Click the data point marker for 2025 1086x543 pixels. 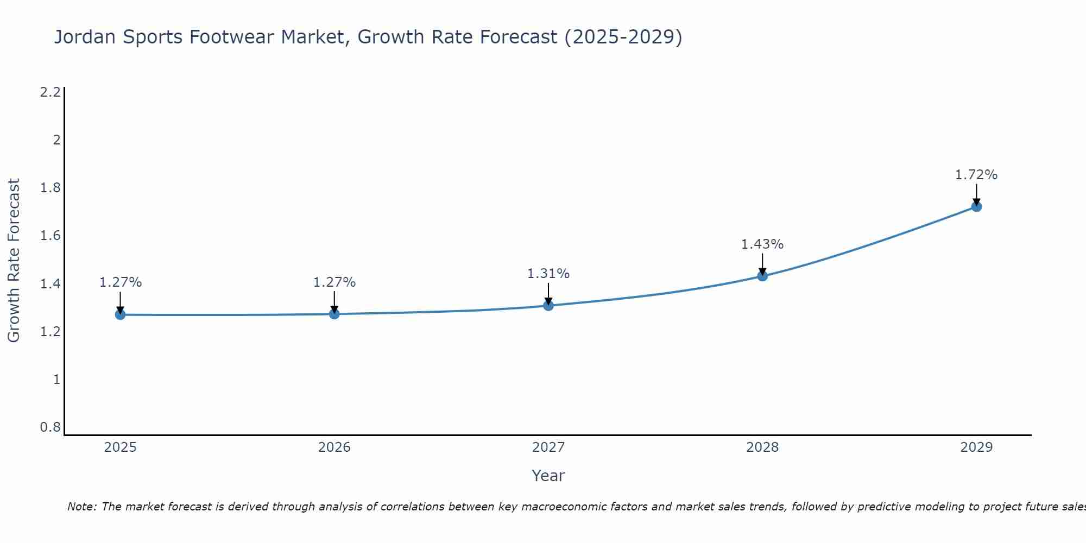(120, 314)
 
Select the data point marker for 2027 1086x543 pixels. (548, 305)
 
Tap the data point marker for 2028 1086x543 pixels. (762, 276)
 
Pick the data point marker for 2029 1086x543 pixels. (976, 206)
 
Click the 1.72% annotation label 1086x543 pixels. (976, 175)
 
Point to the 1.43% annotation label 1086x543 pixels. (762, 244)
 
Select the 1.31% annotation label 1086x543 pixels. (548, 274)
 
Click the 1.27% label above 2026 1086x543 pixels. (334, 282)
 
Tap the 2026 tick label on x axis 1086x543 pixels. (334, 447)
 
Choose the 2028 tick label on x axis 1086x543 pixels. (762, 447)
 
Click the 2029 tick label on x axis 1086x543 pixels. (976, 447)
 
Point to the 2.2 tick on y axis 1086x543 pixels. (50, 92)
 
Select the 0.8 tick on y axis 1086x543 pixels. (50, 427)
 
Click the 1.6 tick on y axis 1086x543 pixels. (50, 236)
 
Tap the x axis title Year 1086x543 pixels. (548, 476)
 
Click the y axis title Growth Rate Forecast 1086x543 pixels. (14, 261)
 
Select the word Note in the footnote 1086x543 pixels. (81, 507)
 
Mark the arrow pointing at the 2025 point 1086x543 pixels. (120, 301)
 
